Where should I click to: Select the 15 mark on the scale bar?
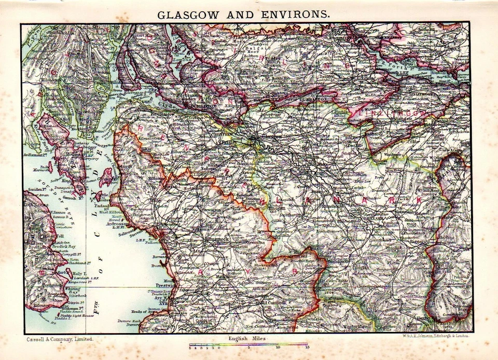coord(307,347)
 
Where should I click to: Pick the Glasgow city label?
coord(274,136)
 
